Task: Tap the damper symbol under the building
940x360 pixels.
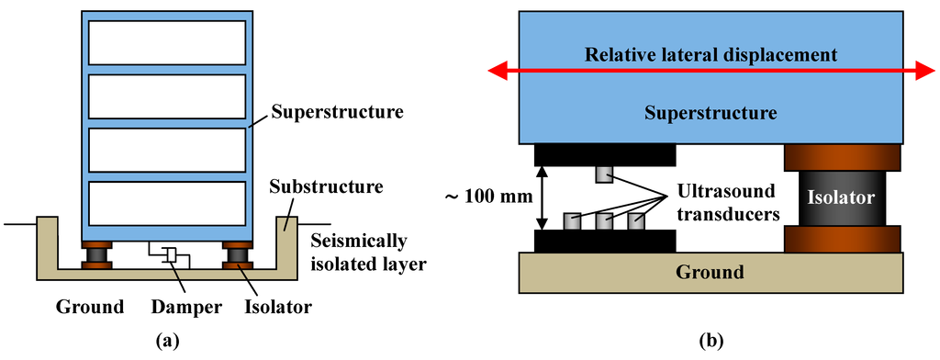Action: point(170,254)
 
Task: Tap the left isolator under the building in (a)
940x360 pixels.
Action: point(95,254)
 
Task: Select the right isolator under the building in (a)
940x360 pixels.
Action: point(237,254)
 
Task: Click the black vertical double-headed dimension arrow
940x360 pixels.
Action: point(542,197)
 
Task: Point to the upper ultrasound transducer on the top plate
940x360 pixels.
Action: point(603,174)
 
